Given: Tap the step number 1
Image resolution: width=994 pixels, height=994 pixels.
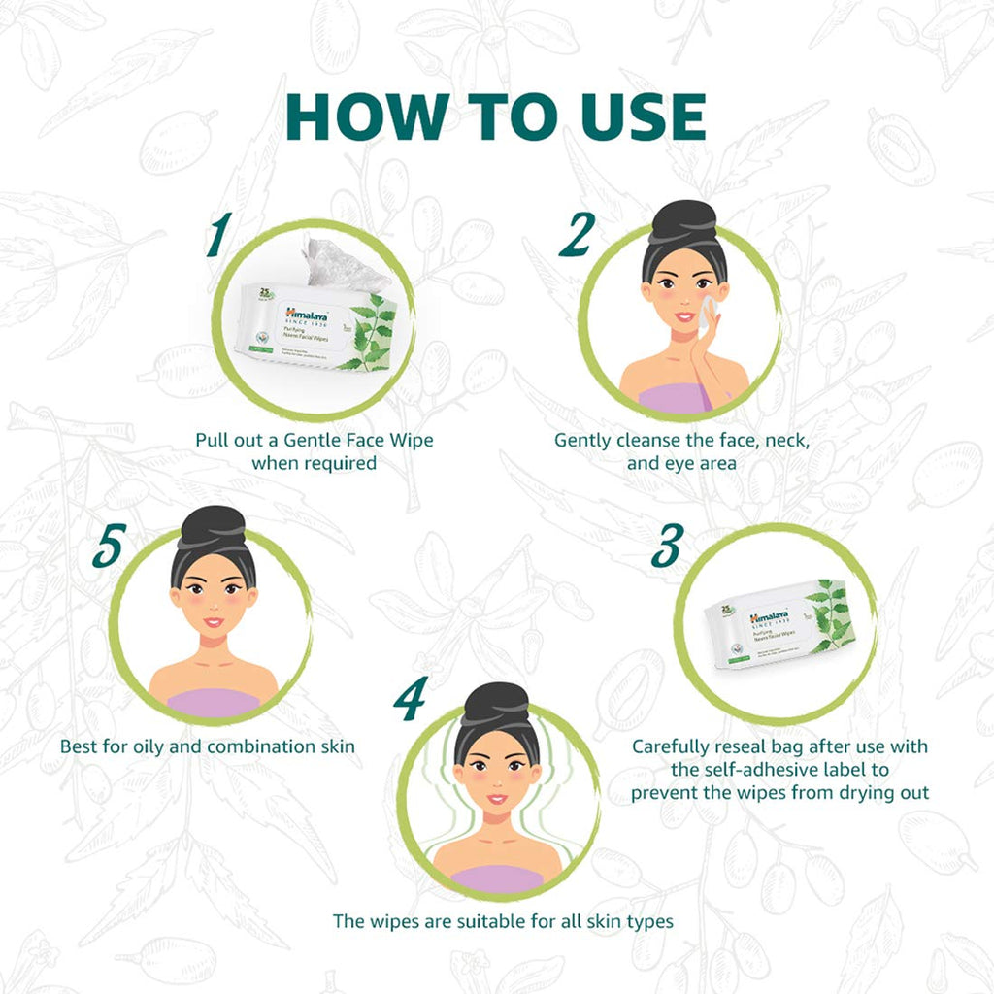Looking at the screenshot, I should pos(219,236).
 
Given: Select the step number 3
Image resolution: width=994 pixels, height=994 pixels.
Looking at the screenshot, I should pos(665,547).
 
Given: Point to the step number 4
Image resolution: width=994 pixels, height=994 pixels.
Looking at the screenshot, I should pos(410,699).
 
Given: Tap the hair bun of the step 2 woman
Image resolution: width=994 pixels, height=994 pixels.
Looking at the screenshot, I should pos(683,220).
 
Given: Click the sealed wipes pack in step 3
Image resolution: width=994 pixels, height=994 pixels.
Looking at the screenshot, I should pos(779,625).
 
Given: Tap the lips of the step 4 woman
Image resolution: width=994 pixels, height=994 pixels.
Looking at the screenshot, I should pos(496,798).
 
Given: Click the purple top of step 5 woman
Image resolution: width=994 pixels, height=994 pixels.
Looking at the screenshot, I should pos(214,702).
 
